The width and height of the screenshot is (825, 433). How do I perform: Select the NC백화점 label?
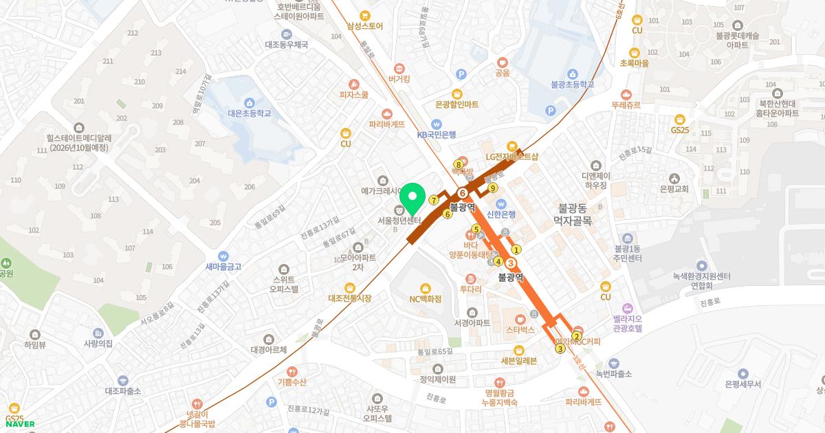pyautogui.click(x=425, y=298)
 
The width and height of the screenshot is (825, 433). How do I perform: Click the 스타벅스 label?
pyautogui.click(x=520, y=329)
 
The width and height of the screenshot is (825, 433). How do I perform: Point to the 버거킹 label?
pyautogui.click(x=399, y=79)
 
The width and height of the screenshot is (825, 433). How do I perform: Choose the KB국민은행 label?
pyautogui.click(x=437, y=135)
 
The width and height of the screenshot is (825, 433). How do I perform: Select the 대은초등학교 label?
pyautogui.click(x=249, y=113)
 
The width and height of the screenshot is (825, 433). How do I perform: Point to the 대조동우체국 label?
pyautogui.click(x=286, y=45)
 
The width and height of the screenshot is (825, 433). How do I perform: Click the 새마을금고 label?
pyautogui.click(x=223, y=266)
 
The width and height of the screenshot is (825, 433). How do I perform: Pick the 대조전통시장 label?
pyautogui.click(x=350, y=298)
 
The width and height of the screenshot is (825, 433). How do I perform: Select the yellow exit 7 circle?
pyautogui.click(x=434, y=200)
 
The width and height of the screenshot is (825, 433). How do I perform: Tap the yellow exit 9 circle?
pyautogui.click(x=492, y=188)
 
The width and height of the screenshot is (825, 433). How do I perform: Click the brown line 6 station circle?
pyautogui.click(x=463, y=193)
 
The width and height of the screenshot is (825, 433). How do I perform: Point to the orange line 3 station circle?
pyautogui.click(x=511, y=263)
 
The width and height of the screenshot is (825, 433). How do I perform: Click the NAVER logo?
pyautogui.click(x=20, y=424)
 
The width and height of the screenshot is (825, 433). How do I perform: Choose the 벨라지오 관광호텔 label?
pyautogui.click(x=627, y=323)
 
